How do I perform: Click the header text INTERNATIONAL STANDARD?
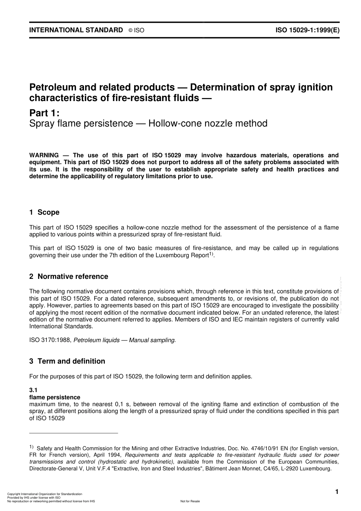point(76,30)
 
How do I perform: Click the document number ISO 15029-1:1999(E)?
point(307,30)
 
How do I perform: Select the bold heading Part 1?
point(44,113)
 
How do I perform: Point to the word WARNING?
point(44,155)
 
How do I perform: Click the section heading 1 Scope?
point(44,212)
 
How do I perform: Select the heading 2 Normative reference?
point(69,277)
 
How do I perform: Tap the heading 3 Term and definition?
point(67,361)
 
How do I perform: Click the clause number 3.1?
point(33,391)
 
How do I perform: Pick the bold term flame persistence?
point(55,397)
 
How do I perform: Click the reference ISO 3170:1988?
point(50,340)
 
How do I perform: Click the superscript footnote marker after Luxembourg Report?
point(211,254)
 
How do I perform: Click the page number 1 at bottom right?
point(336,492)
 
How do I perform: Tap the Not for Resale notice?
point(190,501)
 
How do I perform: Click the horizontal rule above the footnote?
point(74,433)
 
